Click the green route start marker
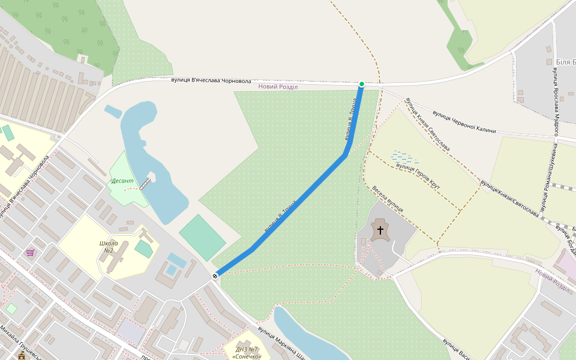tap(361, 84)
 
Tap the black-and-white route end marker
tap(215, 276)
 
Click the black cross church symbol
tap(380, 230)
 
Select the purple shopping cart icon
tap(30, 253)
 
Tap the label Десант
tap(122, 180)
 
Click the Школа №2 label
tap(109, 247)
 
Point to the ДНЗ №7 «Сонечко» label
tap(247, 353)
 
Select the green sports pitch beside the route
tap(202, 238)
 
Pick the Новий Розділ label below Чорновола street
tap(278, 86)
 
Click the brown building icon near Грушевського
tap(22, 355)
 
